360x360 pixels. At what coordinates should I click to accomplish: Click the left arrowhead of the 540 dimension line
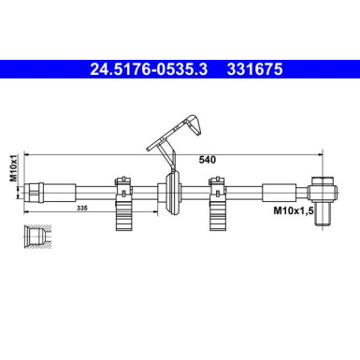[x=29, y=151]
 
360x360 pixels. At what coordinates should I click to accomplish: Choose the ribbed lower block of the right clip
[x=219, y=220]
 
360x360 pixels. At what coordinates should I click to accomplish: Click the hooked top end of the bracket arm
[x=196, y=120]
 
